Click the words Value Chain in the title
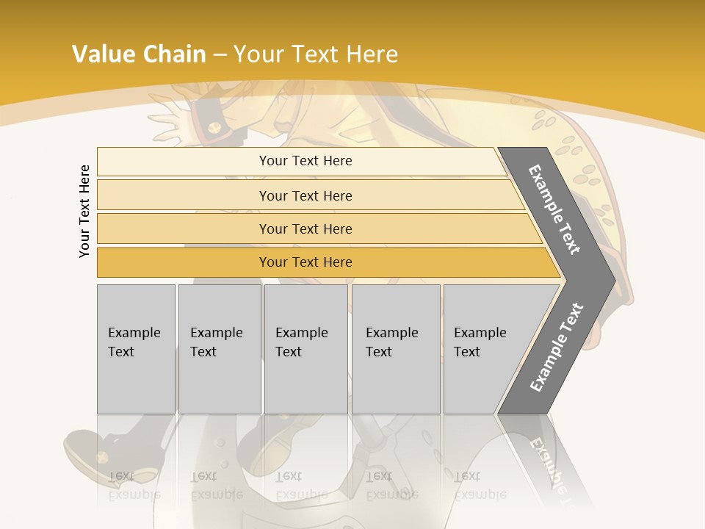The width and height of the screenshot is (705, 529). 139,54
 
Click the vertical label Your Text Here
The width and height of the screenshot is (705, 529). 84,211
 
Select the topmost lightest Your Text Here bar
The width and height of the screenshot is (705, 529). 305,161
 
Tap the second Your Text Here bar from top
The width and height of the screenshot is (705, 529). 305,195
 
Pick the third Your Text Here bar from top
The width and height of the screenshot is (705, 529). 305,228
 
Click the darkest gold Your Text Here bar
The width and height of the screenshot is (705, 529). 305,262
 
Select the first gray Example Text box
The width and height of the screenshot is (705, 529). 136,349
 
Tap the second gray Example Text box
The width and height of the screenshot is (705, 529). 219,349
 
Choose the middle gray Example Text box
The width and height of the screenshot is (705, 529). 305,349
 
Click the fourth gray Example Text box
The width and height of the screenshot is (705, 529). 395,349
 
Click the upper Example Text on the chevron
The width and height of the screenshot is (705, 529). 554,209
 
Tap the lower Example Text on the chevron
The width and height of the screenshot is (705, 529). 556,347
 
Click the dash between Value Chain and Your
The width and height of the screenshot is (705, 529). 220,54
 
